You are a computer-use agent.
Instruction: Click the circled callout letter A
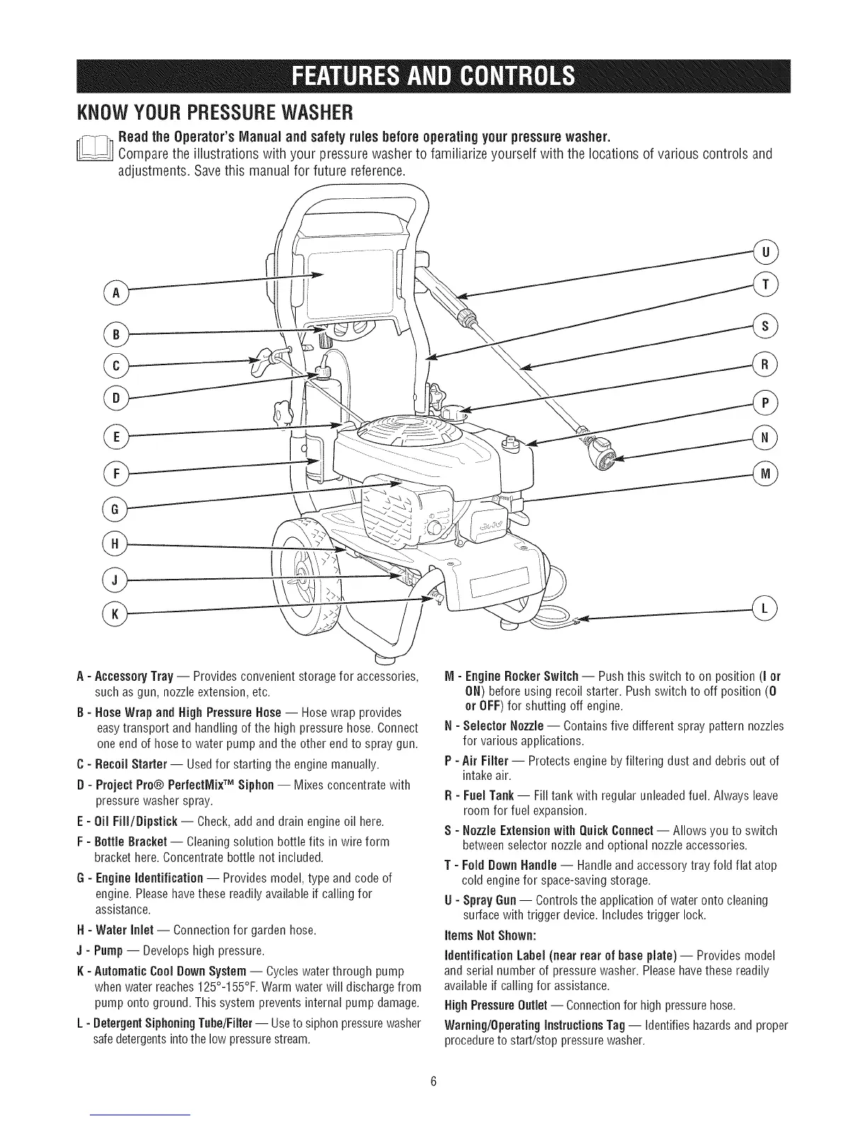click(114, 293)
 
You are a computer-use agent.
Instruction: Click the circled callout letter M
click(766, 473)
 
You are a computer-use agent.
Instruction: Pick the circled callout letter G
click(114, 508)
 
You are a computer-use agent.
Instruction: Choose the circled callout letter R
click(766, 364)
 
